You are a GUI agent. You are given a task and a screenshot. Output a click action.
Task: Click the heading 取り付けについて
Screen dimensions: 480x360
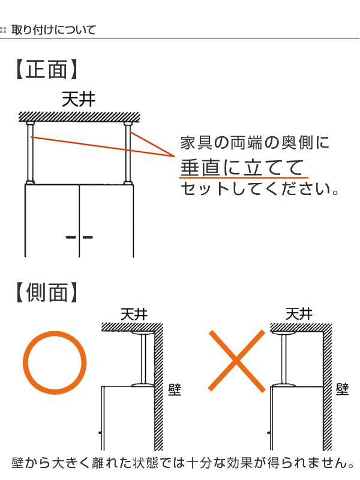click(53, 29)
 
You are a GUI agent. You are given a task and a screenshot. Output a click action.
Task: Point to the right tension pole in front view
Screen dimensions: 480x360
click(128, 153)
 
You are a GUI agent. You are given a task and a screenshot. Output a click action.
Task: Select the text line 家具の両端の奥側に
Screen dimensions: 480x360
click(255, 143)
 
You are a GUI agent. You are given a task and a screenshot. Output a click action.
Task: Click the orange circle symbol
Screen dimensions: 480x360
click(52, 362)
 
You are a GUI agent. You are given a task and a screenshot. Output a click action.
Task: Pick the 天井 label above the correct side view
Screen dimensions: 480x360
click(134, 314)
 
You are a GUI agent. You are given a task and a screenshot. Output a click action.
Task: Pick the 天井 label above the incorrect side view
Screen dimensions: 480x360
click(298, 314)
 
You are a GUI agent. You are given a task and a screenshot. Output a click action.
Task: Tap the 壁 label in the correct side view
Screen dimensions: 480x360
click(175, 389)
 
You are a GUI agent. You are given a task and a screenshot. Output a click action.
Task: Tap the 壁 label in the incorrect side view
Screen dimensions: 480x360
click(343, 389)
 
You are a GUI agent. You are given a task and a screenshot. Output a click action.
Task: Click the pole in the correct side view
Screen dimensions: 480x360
click(143, 358)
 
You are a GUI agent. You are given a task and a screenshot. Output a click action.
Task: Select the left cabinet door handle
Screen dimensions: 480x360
click(70, 238)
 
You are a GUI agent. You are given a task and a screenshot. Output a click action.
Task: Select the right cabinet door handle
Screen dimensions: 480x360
click(88, 238)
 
